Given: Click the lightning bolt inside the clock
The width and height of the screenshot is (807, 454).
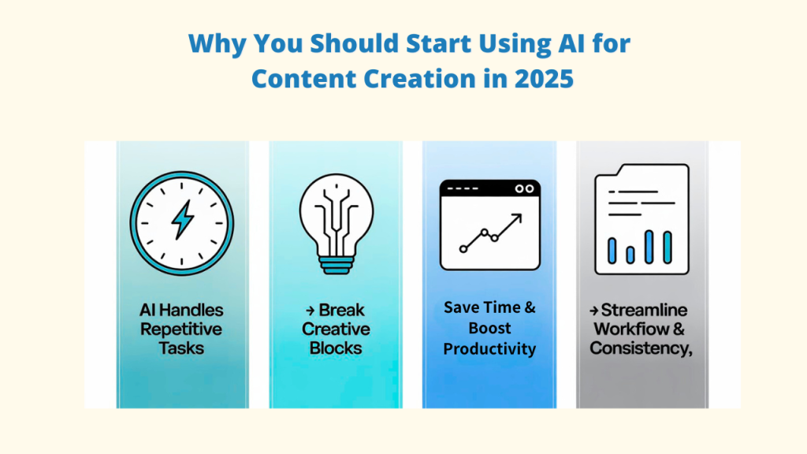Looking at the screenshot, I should coord(182,219).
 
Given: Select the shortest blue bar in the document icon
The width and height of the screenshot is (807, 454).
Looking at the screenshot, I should coord(630,255).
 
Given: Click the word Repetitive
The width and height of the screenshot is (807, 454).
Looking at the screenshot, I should coord(181,329).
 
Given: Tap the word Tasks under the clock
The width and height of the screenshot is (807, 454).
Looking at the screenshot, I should coord(181,348).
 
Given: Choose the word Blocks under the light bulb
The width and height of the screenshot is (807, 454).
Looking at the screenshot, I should coord(336,348).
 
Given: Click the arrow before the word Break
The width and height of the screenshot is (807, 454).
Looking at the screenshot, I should coord(309,311).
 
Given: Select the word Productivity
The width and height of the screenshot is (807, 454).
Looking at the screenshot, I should coord(489,348).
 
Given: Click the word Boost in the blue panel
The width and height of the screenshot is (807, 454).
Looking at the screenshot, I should coord(489,328).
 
